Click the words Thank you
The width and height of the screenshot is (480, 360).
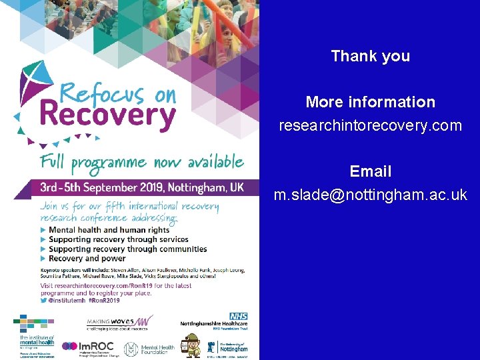[370, 56]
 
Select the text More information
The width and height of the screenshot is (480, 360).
[370, 102]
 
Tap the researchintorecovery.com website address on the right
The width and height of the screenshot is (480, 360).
[370, 125]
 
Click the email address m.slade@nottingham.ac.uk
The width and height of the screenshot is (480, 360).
[370, 195]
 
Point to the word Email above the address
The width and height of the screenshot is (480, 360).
[370, 171]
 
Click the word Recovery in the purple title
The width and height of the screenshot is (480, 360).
[107, 115]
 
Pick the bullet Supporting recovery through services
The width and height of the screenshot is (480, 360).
[118, 239]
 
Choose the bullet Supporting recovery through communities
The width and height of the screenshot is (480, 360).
[127, 249]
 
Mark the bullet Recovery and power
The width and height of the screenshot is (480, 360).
[87, 258]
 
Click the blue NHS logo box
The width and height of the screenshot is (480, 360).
[238, 316]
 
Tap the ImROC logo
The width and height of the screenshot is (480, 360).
[88, 347]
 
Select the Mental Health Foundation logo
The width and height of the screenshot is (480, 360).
[149, 347]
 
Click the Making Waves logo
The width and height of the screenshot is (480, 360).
[120, 323]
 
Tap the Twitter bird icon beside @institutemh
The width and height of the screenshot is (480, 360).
[43, 301]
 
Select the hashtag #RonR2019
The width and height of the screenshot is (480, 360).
[101, 301]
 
